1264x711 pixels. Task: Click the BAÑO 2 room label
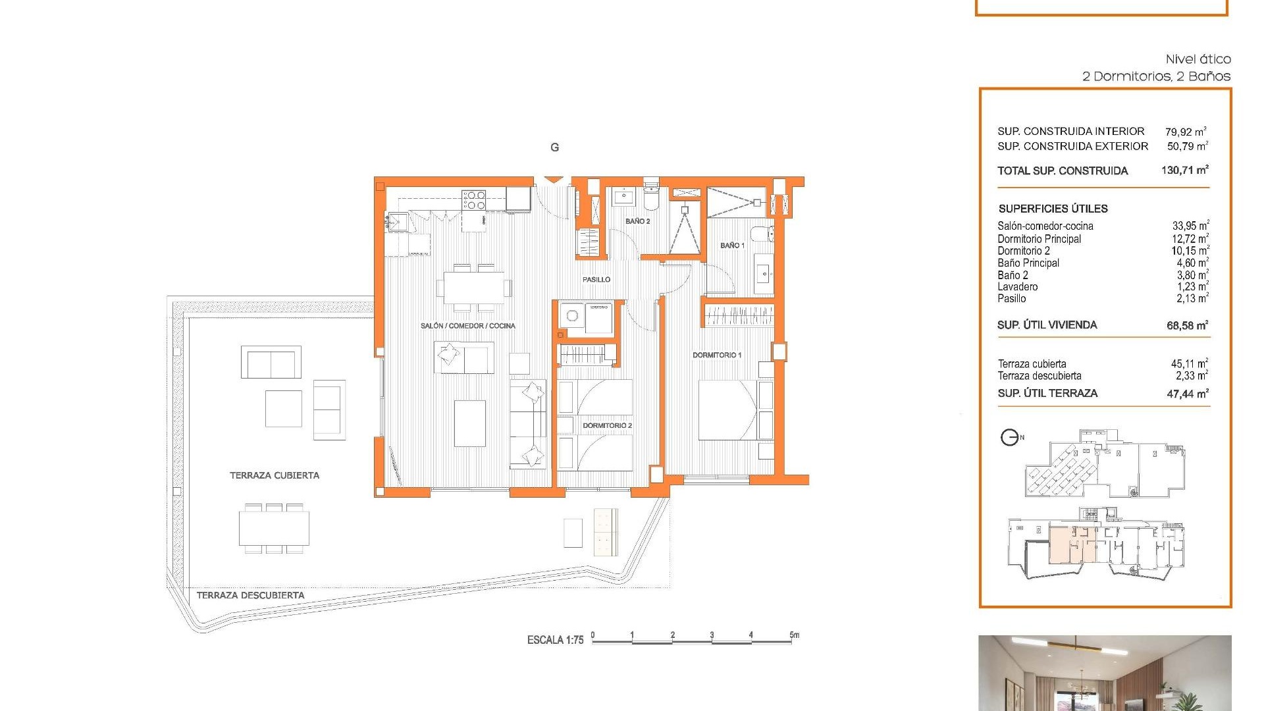point(637,221)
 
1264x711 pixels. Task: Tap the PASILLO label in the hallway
point(596,280)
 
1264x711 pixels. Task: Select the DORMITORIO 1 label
point(716,355)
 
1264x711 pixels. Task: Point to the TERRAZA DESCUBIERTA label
point(250,595)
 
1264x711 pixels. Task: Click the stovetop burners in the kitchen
point(473,200)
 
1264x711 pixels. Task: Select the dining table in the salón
point(473,288)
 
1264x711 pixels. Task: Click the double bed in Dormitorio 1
point(727,410)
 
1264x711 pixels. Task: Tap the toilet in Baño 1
point(764,233)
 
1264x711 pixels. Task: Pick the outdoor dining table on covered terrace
point(274,529)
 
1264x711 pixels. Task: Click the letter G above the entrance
point(554,147)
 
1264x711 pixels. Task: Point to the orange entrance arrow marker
point(553,179)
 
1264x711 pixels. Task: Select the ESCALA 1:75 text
point(555,640)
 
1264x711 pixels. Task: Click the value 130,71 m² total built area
point(1184,171)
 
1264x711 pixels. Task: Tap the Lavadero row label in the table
point(1017,287)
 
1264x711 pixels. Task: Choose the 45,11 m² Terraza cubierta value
point(1188,363)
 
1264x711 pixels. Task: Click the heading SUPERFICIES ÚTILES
point(1053,209)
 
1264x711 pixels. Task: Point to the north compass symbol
point(1010,437)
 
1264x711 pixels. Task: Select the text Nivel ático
point(1198,59)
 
